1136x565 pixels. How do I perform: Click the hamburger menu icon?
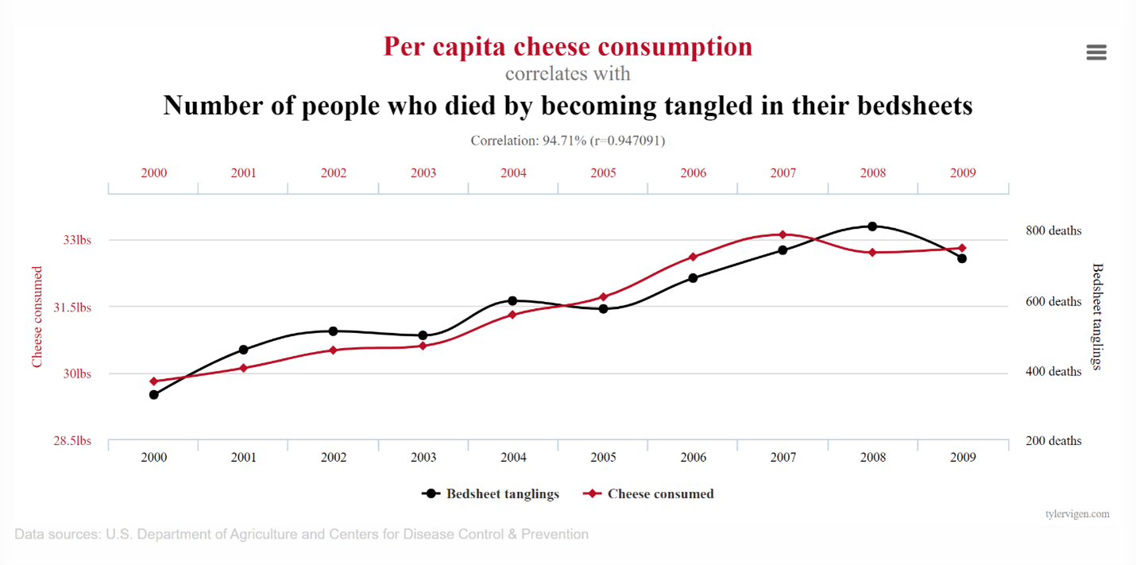pos(1096,52)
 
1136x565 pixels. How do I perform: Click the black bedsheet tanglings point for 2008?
pos(872,226)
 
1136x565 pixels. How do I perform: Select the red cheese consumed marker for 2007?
pos(782,234)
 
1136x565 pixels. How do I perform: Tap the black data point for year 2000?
pos(154,394)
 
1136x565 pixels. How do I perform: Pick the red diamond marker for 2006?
pos(693,257)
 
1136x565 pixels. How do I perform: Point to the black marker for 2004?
pos(512,300)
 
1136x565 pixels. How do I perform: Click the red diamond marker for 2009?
pos(962,248)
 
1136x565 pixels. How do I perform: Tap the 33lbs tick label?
pos(77,240)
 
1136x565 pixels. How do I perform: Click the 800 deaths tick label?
pos(1053,230)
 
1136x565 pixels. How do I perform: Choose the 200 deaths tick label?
pos(1053,441)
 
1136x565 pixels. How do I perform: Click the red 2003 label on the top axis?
pos(423,172)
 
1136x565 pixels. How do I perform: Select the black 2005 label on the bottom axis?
pos(603,458)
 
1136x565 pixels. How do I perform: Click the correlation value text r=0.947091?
pos(626,141)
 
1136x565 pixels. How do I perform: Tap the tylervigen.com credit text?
pos(1077,514)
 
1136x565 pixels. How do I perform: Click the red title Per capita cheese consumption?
pos(568,46)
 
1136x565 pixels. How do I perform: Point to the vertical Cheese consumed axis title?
pos(37,317)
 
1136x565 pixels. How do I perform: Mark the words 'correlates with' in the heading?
pos(568,74)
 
